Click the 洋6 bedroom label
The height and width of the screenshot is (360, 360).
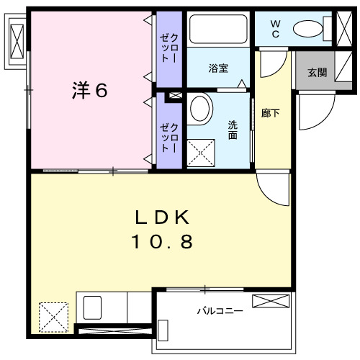click(x=89, y=91)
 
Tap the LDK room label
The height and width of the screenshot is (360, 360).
click(x=161, y=217)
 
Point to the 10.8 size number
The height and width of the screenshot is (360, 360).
click(x=161, y=243)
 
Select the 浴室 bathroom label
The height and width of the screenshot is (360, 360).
click(x=218, y=68)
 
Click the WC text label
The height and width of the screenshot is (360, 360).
click(x=276, y=28)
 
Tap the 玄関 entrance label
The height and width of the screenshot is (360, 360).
click(x=316, y=72)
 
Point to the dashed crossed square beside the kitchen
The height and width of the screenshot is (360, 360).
click(x=53, y=315)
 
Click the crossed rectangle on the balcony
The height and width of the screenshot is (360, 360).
click(x=271, y=301)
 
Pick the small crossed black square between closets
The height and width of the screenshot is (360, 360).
click(x=174, y=96)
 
